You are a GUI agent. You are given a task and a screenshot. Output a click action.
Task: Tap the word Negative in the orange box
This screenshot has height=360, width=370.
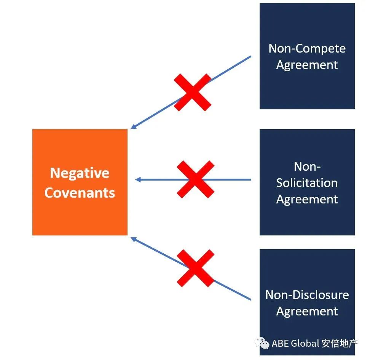(80, 173)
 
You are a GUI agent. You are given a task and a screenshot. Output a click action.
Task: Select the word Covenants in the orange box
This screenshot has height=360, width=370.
(80, 192)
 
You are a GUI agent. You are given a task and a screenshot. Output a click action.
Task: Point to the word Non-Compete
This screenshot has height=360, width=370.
(307, 48)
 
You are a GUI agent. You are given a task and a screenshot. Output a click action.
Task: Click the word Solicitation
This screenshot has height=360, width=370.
(307, 183)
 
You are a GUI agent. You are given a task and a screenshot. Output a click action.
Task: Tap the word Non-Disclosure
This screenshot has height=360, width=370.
(307, 295)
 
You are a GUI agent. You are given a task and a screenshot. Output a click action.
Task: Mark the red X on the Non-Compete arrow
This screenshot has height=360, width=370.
(192, 93)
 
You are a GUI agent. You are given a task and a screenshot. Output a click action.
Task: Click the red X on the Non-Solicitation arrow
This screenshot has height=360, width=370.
(195, 179)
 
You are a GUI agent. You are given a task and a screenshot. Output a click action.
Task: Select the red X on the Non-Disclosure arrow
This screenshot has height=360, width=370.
(196, 268)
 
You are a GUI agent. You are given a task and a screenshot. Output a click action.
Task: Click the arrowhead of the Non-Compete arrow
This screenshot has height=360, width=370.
(133, 127)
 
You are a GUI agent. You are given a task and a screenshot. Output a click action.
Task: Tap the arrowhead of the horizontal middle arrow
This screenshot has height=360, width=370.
(137, 179)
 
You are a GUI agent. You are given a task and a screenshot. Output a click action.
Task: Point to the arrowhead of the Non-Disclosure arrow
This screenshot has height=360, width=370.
(133, 239)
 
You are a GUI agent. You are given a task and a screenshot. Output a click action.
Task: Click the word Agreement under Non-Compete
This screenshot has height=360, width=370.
(307, 65)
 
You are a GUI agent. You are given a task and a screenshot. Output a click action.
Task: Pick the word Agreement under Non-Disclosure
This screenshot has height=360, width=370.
(307, 311)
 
